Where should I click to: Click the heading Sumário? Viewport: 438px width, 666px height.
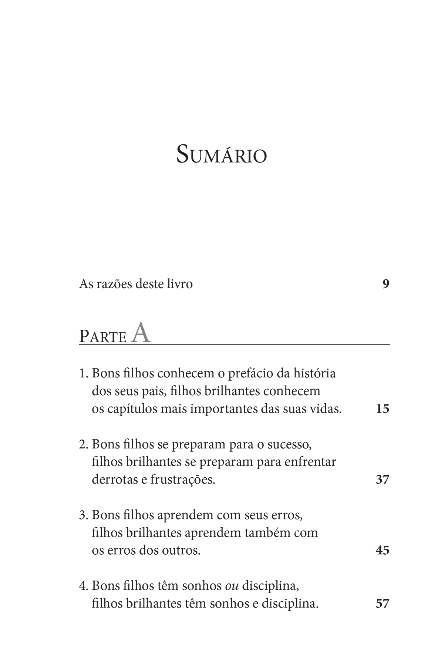click(221, 155)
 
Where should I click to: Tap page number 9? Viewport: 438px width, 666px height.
click(386, 284)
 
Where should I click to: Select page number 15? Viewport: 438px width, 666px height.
click(383, 409)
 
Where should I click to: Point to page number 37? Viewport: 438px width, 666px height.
click(383, 480)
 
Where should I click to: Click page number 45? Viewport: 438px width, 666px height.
click(383, 550)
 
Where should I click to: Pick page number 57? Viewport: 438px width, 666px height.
click(383, 603)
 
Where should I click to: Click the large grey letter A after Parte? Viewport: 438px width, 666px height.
click(141, 333)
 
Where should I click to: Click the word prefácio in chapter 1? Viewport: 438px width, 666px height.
click(250, 373)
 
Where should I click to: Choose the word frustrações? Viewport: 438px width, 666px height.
click(182, 480)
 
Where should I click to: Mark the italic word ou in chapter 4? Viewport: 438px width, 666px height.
click(232, 586)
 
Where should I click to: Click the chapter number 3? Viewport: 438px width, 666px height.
click(82, 515)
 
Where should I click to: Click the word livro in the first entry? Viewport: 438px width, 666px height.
click(179, 284)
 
